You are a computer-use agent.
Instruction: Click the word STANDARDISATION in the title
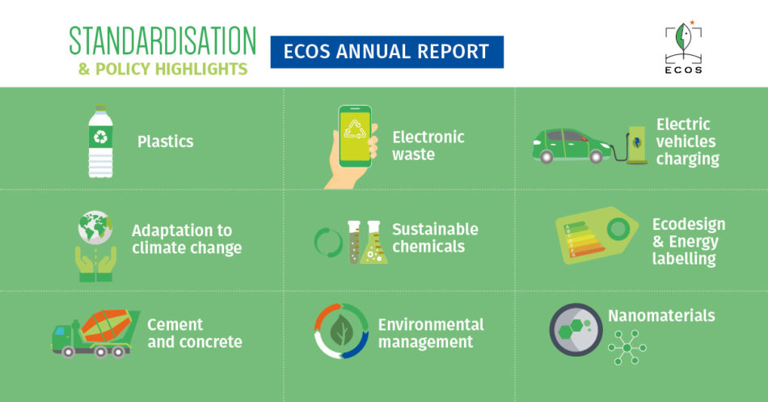pyautogui.click(x=162, y=40)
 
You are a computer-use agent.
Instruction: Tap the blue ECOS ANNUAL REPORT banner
pyautogui.click(x=387, y=52)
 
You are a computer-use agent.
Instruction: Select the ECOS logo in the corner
pyautogui.click(x=683, y=47)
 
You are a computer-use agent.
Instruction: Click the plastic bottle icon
pyautogui.click(x=100, y=141)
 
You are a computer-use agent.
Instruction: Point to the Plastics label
pyautogui.click(x=166, y=142)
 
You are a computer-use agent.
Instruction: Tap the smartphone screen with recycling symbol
pyautogui.click(x=355, y=134)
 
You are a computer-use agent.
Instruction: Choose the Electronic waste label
pyautogui.click(x=428, y=146)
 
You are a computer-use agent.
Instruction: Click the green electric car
pyautogui.click(x=572, y=145)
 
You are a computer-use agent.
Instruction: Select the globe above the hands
pyautogui.click(x=95, y=227)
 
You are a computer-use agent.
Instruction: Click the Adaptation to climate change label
pyautogui.click(x=187, y=239)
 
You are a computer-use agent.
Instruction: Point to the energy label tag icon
pyautogui.click(x=597, y=235)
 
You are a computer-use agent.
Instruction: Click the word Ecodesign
pyautogui.click(x=688, y=224)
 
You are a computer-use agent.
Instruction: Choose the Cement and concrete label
pyautogui.click(x=195, y=333)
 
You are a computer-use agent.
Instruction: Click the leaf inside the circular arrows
pyautogui.click(x=341, y=331)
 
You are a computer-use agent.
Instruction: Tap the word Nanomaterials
pyautogui.click(x=661, y=315)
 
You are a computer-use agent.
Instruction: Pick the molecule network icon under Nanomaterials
pyautogui.click(x=627, y=348)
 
